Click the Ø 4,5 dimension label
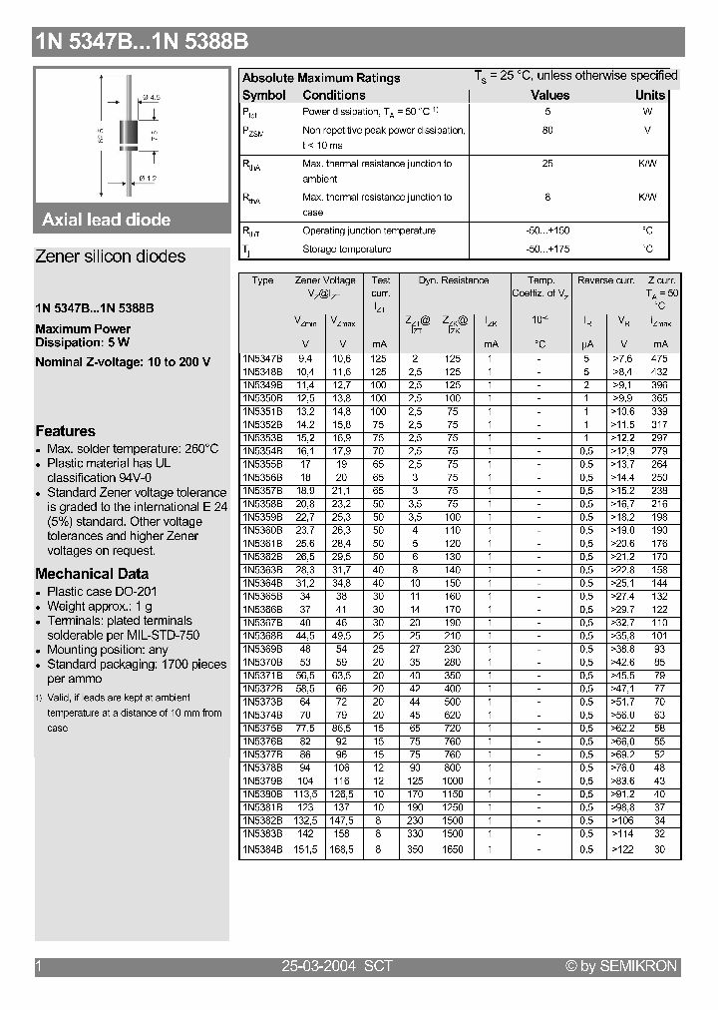153,97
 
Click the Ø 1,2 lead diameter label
148,178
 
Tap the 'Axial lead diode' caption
106,220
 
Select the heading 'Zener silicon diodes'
110,256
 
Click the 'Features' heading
65,431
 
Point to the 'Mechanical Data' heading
92,574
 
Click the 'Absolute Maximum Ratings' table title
321,78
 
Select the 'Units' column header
650,96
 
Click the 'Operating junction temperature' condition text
368,231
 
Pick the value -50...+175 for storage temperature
549,250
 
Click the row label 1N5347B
262,357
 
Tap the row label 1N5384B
262,849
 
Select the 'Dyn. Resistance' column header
453,281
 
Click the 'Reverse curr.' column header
605,281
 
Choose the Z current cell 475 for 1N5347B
659,357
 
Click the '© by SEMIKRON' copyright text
620,966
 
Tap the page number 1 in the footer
39,966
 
